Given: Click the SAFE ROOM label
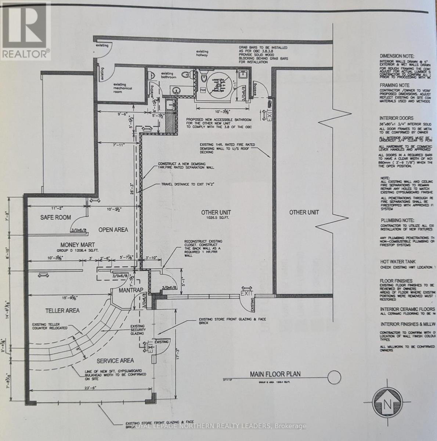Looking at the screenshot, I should tap(55, 218).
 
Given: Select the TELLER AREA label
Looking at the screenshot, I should tap(62, 311).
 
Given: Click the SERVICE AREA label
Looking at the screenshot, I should tap(115, 361).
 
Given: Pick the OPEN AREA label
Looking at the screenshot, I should tap(113, 230).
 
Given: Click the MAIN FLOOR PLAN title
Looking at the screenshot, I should tap(275, 374).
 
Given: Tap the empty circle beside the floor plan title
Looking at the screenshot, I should tap(335, 377).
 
